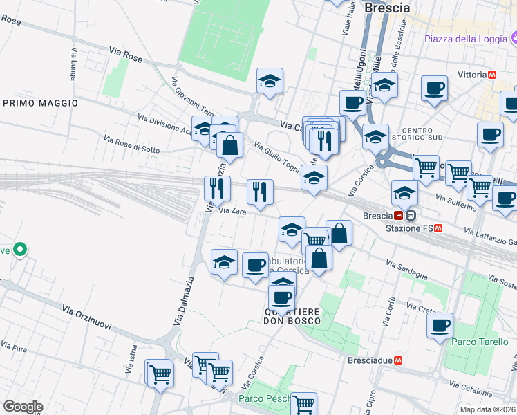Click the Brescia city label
pyautogui.click(x=386, y=8)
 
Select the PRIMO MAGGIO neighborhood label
pyautogui.click(x=40, y=102)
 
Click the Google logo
pyautogui.click(x=23, y=407)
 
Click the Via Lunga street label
pyautogui.click(x=75, y=62)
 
